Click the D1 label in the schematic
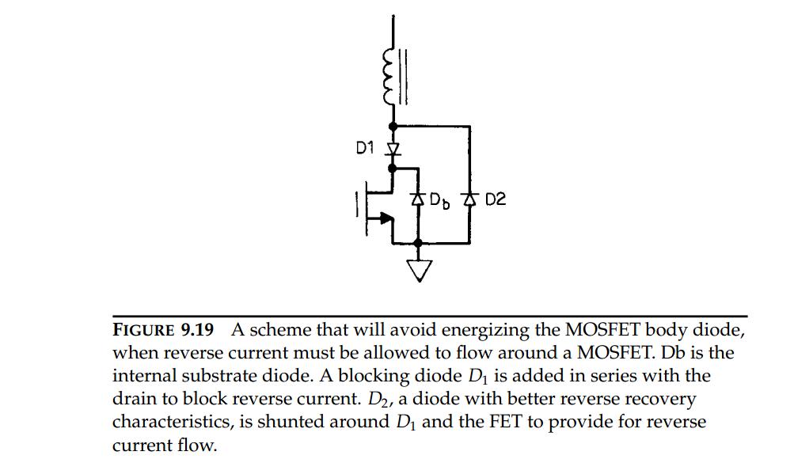365,148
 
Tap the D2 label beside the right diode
496,199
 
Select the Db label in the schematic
439,200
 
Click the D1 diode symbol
393,150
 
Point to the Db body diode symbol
418,199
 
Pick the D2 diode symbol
469,199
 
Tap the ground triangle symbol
419,271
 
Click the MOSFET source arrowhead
386,218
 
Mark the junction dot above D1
393,126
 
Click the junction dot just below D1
393,168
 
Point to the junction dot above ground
418,244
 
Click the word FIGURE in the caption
143,330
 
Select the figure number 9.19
197,330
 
